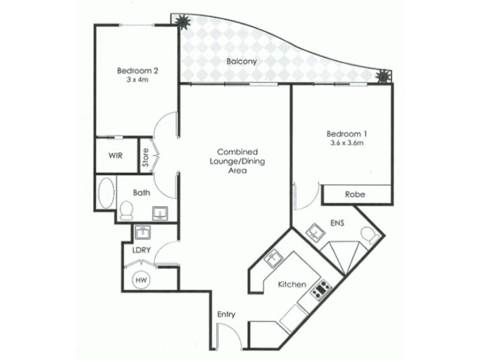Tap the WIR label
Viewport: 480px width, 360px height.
(116, 155)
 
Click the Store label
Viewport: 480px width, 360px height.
(145, 157)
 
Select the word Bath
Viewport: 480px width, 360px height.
(142, 193)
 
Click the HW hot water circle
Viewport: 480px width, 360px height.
(142, 279)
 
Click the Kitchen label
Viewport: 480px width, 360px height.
(293, 284)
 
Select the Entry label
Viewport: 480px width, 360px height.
(226, 314)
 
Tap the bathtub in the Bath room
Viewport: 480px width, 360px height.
(106, 192)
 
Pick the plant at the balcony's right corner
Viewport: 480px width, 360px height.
(382, 76)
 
